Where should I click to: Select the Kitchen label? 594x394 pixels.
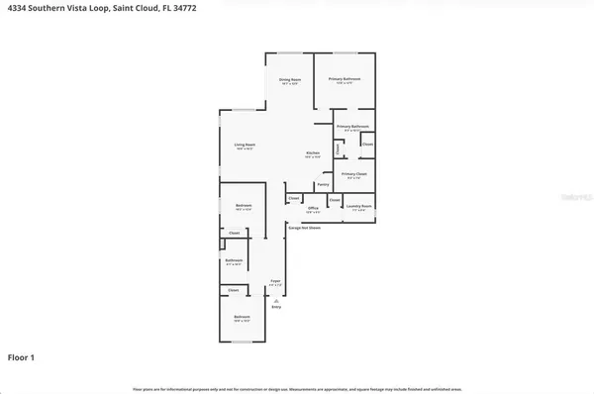(312, 152)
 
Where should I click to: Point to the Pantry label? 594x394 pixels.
(323, 184)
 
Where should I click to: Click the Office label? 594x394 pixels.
(313, 208)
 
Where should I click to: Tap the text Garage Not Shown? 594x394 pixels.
(304, 228)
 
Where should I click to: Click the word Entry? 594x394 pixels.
(276, 309)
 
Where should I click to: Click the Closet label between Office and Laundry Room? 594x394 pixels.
(334, 199)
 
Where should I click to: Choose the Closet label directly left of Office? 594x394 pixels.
(294, 199)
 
